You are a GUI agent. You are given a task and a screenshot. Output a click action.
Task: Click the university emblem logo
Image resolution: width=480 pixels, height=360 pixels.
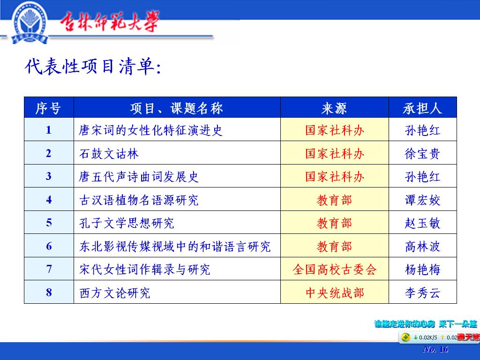(30, 22)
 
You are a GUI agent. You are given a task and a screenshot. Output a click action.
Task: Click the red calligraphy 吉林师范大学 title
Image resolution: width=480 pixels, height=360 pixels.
(109, 22)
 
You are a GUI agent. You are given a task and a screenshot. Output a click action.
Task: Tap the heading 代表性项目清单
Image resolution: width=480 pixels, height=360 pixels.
(92, 67)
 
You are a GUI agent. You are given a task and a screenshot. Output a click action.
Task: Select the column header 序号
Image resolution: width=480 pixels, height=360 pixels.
(48, 108)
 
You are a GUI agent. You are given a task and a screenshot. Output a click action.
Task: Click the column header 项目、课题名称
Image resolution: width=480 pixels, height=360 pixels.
(177, 108)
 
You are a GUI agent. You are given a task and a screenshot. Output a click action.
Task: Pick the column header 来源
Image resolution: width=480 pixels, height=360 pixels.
(334, 108)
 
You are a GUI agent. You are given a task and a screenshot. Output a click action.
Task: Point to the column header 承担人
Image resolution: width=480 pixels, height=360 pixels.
(422, 108)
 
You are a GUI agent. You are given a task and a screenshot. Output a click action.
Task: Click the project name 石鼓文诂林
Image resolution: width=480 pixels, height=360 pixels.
(109, 154)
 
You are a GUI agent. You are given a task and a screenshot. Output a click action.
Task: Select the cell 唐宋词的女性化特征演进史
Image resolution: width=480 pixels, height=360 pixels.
(150, 130)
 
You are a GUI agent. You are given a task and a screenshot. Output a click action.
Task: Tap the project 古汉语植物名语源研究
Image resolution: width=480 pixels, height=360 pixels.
(139, 200)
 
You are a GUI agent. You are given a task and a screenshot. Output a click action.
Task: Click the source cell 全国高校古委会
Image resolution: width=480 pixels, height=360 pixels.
(334, 270)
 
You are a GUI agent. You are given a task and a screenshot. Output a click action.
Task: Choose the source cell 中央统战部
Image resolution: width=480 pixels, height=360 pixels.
(334, 292)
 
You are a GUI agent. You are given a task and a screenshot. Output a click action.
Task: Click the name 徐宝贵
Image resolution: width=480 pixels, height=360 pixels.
(422, 154)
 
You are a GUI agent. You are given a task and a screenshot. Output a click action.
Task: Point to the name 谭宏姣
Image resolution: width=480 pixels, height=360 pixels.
(422, 200)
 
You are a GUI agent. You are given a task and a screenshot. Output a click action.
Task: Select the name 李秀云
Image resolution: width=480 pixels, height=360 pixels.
(422, 292)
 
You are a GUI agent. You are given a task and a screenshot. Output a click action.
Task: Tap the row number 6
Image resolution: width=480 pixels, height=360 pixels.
(49, 246)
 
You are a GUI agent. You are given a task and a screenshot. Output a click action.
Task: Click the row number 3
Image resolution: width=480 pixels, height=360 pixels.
(49, 176)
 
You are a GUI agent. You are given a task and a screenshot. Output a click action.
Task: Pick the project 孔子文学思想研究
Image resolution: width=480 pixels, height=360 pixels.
(127, 223)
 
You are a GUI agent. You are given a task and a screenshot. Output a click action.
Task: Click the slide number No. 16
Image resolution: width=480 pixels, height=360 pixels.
(435, 349)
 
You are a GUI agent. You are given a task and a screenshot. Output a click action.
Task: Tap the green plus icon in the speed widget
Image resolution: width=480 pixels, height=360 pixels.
(405, 337)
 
